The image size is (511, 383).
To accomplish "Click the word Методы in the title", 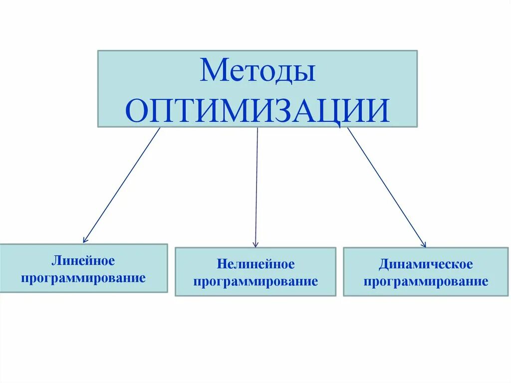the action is tap(257, 71).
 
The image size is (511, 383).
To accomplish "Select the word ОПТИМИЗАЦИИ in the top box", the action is tap(257, 110).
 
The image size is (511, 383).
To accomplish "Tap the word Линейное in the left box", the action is tap(83, 261).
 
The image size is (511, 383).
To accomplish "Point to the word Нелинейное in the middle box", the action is tap(255, 264).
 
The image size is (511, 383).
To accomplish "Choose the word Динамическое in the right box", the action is tap(426, 264).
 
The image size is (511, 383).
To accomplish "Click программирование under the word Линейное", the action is tap(83, 278).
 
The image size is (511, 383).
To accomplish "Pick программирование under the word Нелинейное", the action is tap(255, 281).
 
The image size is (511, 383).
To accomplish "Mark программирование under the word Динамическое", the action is tap(426, 281).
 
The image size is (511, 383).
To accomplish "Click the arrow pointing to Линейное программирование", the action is tap(122, 185).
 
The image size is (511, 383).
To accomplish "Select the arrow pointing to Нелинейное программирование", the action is tap(256, 187).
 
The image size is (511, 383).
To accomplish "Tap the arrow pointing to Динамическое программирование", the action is tap(386, 187).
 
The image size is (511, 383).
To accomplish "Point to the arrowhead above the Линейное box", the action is tap(85, 240).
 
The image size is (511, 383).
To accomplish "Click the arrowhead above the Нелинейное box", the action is tap(255, 244).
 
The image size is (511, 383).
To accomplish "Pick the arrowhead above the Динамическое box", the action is tap(424, 244).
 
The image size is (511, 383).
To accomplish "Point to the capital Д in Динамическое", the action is tap(383, 264).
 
